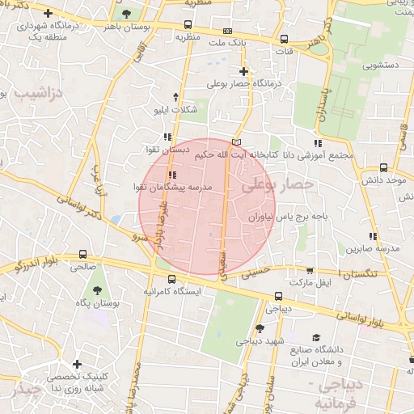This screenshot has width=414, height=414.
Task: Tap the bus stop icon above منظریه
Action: click(188, 24)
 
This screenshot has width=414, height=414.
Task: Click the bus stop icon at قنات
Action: click(284, 39)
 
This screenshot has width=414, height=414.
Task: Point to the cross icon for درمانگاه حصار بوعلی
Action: click(243, 71)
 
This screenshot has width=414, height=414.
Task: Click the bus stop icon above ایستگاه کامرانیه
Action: click(171, 278)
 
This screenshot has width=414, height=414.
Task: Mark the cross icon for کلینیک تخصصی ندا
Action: click(77, 365)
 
